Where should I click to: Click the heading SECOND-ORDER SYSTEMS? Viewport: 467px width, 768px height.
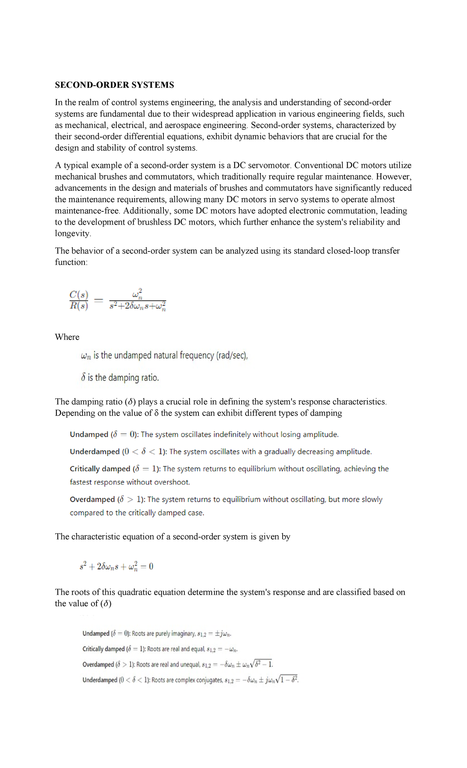click(x=114, y=85)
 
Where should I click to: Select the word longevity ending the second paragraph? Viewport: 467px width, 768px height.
click(x=73, y=233)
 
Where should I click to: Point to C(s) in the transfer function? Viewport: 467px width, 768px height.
click(x=79, y=295)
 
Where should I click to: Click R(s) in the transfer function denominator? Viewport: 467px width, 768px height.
click(x=79, y=306)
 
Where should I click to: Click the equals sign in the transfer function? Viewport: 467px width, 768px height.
click(x=99, y=300)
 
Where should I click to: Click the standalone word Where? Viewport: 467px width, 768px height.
click(x=67, y=337)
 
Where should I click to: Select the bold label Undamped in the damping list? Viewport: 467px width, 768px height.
click(x=89, y=435)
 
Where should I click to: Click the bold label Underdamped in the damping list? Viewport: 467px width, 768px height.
click(x=95, y=452)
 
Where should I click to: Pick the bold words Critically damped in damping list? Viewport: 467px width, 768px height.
click(x=100, y=469)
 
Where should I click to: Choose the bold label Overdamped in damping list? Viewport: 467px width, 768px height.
click(x=92, y=499)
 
